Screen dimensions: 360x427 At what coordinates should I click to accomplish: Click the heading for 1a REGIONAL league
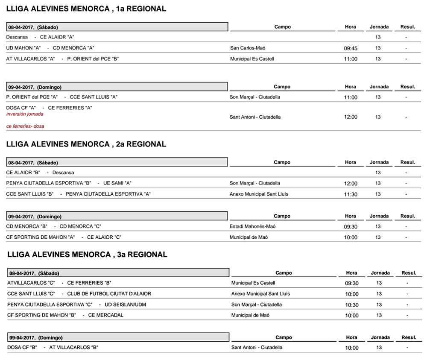[86, 9]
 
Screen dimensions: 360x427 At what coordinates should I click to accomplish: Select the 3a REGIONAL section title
[87, 255]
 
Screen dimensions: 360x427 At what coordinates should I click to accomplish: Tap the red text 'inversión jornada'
[25, 114]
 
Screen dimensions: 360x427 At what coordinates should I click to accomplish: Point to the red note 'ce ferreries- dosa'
[25, 126]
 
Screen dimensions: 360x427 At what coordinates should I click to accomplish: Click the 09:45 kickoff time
[351, 48]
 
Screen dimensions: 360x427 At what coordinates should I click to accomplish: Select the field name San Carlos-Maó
[250, 48]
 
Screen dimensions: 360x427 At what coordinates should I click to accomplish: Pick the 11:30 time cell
[351, 194]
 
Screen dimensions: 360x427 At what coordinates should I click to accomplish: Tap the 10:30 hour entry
[352, 305]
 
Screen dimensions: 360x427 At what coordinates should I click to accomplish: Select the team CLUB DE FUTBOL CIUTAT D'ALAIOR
[109, 294]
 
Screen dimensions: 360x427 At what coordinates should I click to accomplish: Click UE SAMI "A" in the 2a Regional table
[117, 183]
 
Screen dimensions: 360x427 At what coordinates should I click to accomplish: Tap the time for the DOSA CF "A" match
[351, 117]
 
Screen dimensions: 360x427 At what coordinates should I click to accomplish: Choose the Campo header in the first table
[282, 26]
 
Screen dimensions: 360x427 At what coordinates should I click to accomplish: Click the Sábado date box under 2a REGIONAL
[117, 162]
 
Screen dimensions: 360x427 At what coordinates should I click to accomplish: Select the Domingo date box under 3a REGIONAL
[118, 337]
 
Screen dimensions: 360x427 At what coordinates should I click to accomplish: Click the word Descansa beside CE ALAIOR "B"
[63, 173]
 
